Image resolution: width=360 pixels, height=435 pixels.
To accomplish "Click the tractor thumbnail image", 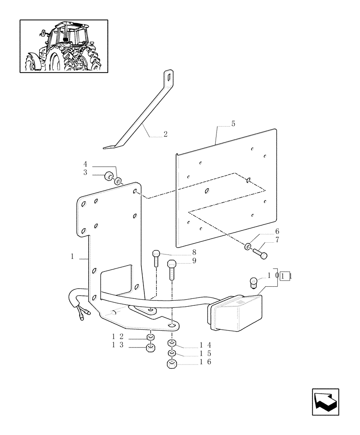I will (x=64, y=46).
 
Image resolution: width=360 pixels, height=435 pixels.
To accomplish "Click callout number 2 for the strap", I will (x=165, y=134).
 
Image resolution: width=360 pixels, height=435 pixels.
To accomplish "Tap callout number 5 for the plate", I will (x=233, y=124).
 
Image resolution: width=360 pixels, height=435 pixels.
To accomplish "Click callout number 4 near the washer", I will (x=85, y=164).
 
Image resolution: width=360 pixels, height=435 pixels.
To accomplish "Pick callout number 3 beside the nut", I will (x=85, y=172).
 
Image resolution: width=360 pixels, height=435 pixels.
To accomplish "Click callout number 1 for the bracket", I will (x=72, y=257).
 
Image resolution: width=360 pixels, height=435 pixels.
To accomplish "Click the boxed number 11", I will (x=286, y=276).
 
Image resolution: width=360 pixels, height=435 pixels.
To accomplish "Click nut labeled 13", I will (x=150, y=348).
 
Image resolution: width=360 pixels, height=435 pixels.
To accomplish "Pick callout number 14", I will (x=205, y=345).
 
